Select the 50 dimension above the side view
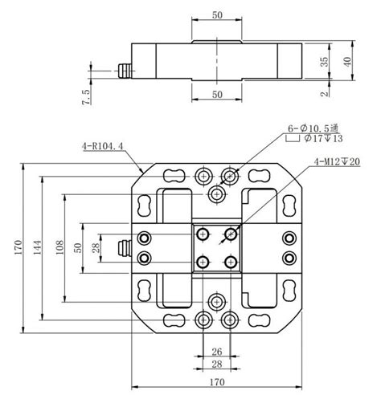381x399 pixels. tap(216, 15)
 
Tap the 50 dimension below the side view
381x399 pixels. tap(216, 95)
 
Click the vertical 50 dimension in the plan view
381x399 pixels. tap(78, 248)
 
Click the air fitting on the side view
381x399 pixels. tap(125, 71)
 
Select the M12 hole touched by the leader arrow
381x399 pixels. tap(231, 234)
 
